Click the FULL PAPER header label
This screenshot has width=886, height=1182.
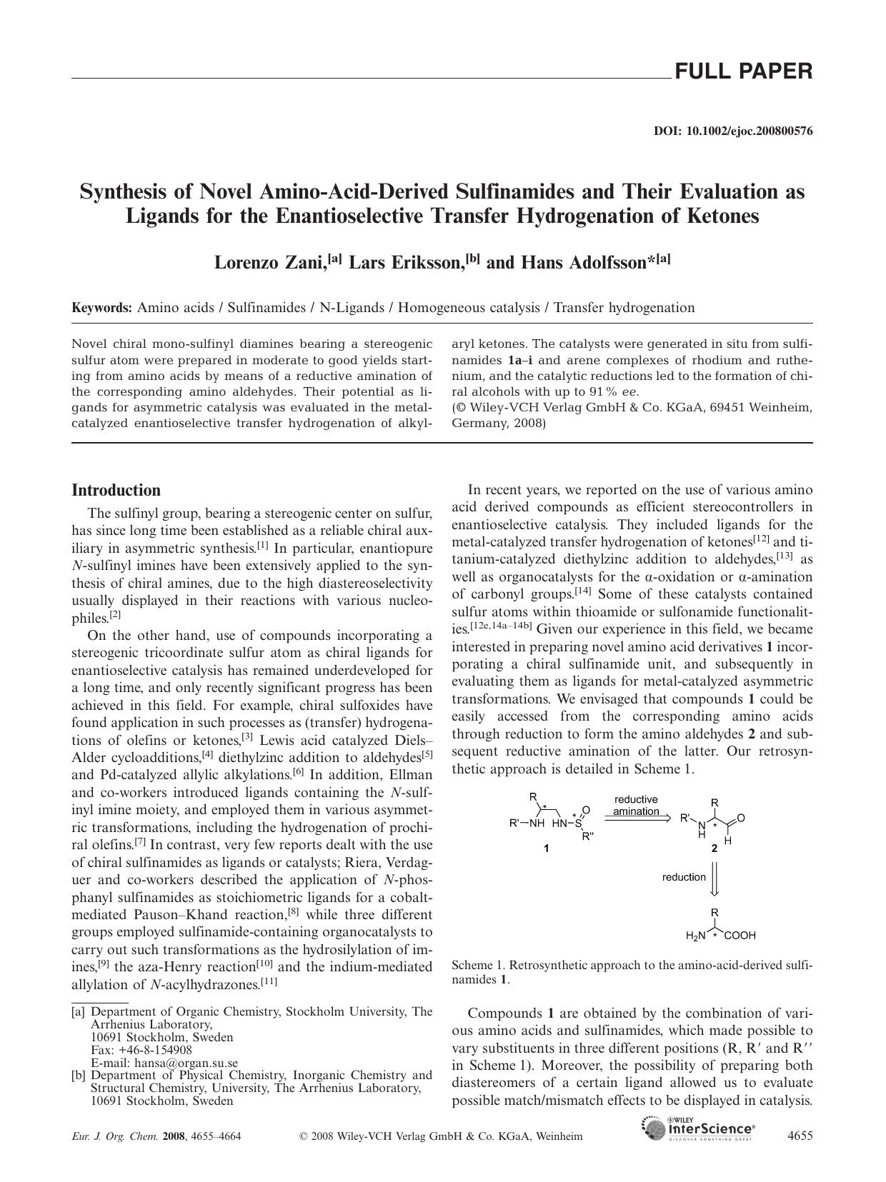(743, 71)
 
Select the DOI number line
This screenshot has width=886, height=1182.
(733, 131)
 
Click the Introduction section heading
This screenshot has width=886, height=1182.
(116, 491)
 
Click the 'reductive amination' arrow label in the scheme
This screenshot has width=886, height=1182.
(636, 806)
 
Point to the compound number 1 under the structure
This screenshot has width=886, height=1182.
(547, 849)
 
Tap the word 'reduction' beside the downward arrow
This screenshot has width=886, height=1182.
(684, 877)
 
